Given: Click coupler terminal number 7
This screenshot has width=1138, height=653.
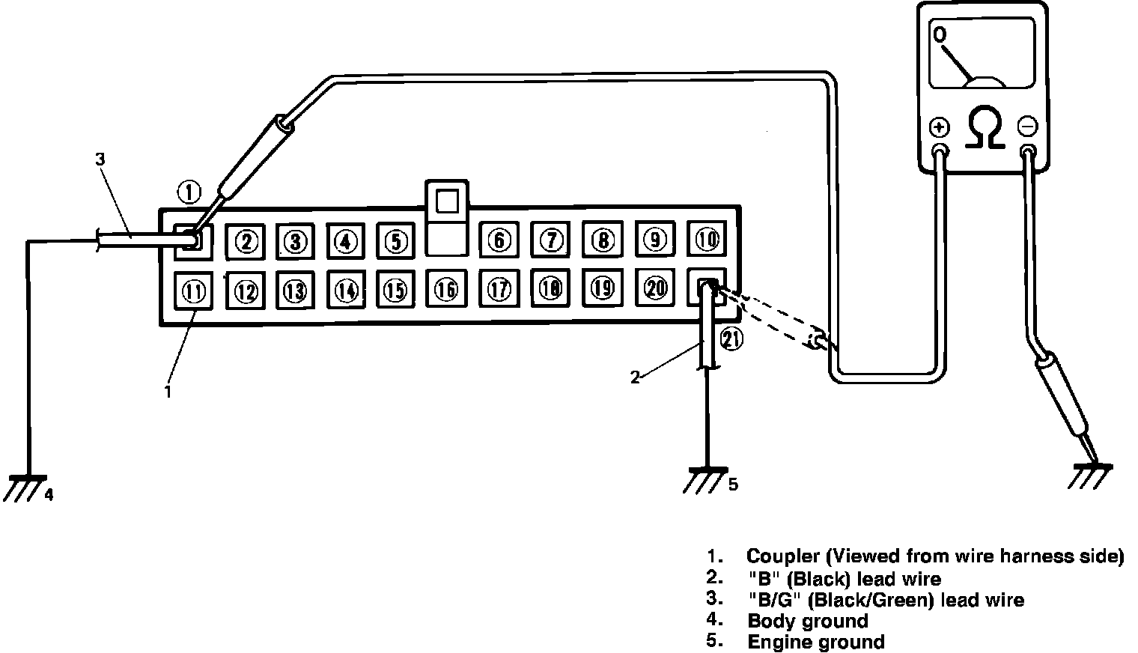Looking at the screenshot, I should [x=551, y=240].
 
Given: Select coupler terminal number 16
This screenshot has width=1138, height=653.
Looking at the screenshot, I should [x=446, y=289].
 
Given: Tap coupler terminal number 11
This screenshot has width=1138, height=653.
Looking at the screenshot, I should [x=194, y=291].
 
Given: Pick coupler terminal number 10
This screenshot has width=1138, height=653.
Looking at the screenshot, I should [x=707, y=239].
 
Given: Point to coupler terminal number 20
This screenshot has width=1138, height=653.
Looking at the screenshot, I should [x=655, y=288].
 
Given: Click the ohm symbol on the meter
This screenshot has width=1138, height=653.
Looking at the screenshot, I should [x=985, y=129].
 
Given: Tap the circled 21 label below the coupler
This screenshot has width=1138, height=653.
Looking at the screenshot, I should [x=731, y=341].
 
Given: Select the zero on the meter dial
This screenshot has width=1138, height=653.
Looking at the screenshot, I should [x=940, y=34].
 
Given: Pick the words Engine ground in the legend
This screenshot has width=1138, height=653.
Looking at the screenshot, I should [x=815, y=642].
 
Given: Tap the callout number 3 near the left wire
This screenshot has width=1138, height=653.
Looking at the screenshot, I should [x=100, y=160].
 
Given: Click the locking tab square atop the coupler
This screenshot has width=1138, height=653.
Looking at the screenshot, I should [x=446, y=201].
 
